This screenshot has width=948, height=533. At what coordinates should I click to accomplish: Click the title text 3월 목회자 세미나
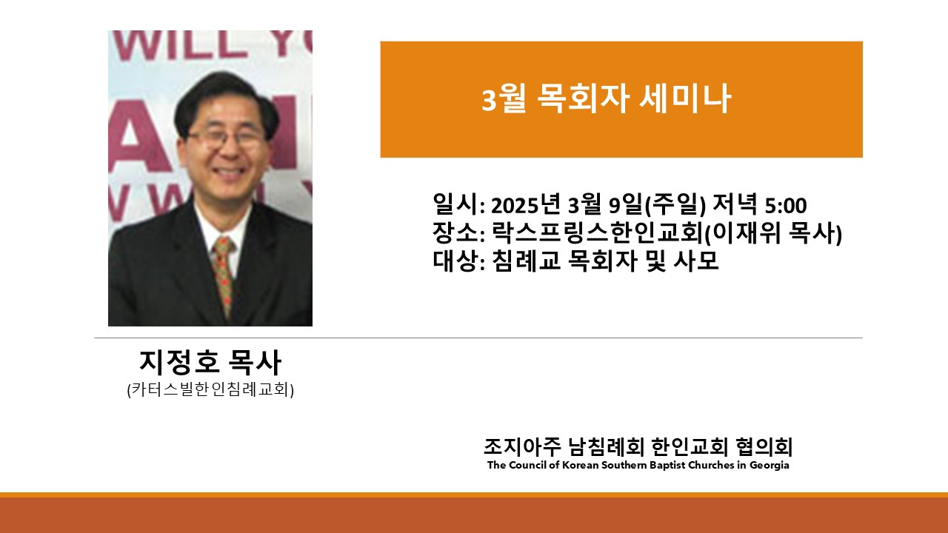coord(607,98)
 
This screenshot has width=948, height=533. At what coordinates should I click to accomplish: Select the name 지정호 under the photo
coord(179,362)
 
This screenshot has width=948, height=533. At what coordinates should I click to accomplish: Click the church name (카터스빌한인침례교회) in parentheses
coord(210,389)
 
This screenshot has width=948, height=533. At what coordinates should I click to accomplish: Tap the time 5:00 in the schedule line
coord(786,206)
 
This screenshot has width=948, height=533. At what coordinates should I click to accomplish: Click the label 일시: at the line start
coord(458,205)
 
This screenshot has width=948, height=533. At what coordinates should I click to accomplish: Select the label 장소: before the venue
coord(458,232)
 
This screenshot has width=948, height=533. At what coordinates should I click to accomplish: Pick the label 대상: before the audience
coord(458,261)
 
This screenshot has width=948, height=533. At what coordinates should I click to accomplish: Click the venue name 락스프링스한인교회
coord(598,232)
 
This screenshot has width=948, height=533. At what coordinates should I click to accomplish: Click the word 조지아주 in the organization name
coord(522,446)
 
